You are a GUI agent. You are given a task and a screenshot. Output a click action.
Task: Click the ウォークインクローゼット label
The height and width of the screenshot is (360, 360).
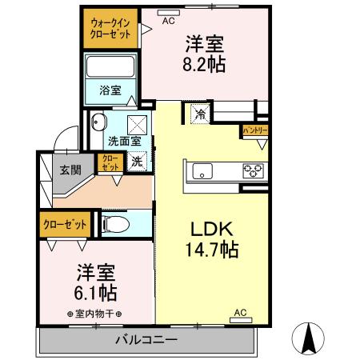click(111, 30)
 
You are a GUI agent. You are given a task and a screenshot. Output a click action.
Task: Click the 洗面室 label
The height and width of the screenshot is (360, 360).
click(124, 140)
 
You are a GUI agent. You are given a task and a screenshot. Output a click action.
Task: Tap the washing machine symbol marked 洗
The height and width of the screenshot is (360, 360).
click(138, 159)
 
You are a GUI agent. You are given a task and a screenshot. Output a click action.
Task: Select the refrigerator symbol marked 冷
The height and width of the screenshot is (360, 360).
click(198, 114)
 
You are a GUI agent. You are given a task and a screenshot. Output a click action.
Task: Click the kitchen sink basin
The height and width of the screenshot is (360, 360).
click(202, 170)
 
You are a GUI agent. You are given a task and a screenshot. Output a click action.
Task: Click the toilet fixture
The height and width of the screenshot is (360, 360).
click(114, 224)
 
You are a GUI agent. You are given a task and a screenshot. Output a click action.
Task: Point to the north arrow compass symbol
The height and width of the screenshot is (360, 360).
click(310, 338)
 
